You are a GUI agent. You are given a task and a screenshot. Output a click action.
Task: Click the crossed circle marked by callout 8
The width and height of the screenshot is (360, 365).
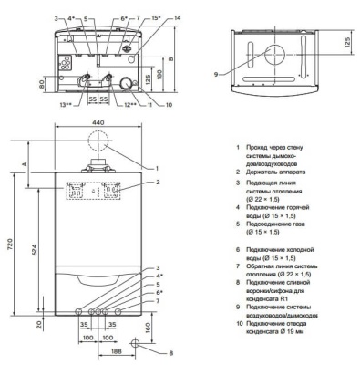tap(134, 343)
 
